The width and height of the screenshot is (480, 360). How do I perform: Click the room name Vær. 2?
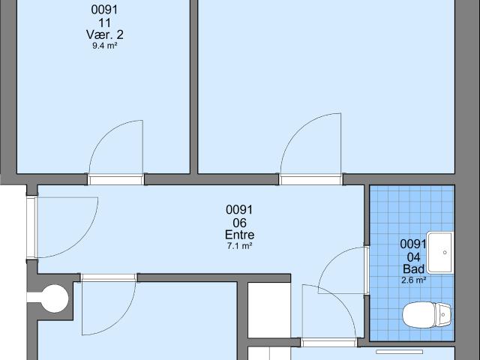[x=105, y=34]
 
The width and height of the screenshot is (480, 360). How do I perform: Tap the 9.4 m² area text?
[x=105, y=46]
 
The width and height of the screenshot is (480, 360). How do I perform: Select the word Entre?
[x=239, y=235]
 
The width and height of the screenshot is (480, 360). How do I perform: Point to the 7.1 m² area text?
[x=239, y=246]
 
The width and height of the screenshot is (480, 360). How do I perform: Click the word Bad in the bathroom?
[x=413, y=268]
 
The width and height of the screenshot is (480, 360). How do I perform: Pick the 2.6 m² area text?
[x=413, y=280]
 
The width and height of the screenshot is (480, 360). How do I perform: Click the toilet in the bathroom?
[x=427, y=315]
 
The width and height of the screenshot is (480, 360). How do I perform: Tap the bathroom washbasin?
[x=440, y=253]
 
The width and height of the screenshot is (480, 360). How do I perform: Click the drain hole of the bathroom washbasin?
[x=445, y=253]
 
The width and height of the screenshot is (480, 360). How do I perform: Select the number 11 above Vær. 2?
[x=105, y=22]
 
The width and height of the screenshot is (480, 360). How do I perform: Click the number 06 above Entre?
[x=239, y=223]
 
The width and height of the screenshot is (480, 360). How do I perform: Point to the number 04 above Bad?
[x=413, y=256]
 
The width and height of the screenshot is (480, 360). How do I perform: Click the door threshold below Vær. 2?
[x=115, y=179]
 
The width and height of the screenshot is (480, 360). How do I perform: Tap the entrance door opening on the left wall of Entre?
[x=31, y=227]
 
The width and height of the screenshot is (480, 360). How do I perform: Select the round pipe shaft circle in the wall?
[x=55, y=298]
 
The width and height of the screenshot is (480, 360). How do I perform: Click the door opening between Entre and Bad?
[x=367, y=270]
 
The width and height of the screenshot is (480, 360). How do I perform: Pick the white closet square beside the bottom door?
[x=268, y=310]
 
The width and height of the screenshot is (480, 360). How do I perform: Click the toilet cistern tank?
[x=443, y=315]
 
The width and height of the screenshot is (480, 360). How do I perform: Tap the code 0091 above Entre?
[x=239, y=210]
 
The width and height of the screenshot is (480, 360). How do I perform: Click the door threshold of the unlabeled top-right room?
[x=310, y=179]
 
